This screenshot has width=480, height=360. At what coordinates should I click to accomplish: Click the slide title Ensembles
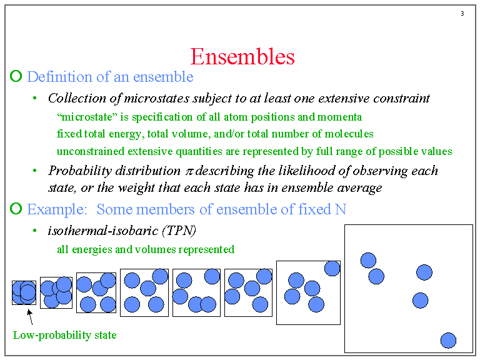pos(242,57)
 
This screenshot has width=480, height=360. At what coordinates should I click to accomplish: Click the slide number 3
pos(462,14)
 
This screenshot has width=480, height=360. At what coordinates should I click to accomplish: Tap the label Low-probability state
pos(64,335)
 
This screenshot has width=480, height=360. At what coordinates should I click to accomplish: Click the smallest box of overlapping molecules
pos(24,292)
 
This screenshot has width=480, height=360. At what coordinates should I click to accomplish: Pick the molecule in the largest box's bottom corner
pos(448,341)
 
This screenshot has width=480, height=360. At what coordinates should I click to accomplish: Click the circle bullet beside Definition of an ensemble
pos(16,77)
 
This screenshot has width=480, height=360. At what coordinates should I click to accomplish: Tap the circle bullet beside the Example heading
pos(16,209)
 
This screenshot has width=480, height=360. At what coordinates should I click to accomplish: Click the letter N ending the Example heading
pos(340,209)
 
